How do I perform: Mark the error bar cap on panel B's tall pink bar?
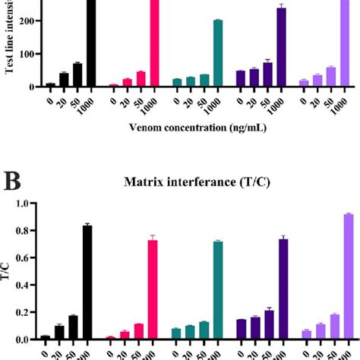(153, 235)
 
